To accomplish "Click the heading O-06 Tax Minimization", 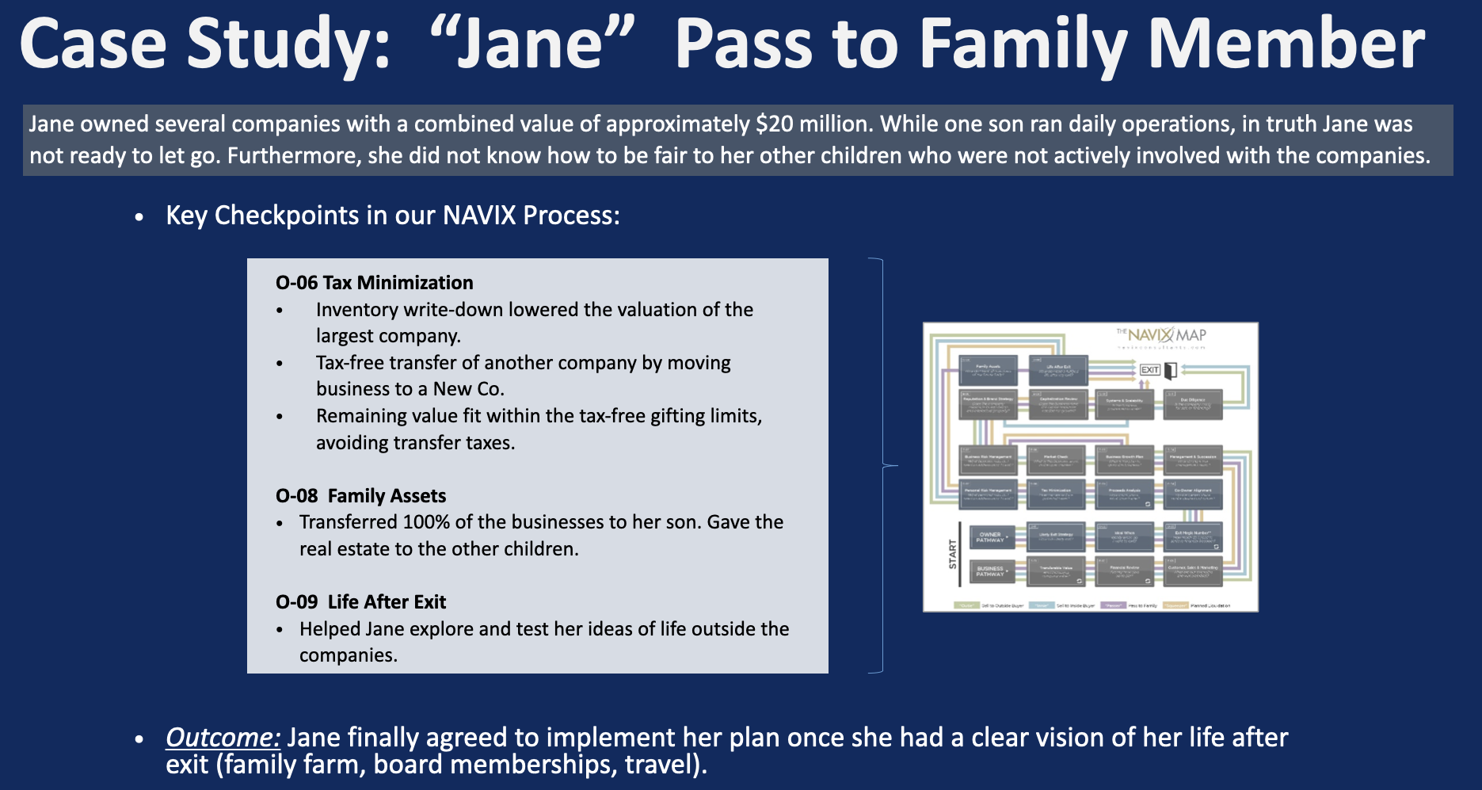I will pos(374,283).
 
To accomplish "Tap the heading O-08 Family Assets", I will pos(360,496).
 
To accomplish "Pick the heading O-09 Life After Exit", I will pos(360,602).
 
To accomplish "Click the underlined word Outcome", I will pos(223,738).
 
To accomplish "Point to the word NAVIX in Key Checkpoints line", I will pos(479,216).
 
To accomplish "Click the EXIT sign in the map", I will pos(1149,370).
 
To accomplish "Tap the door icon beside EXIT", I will pos(1170,370).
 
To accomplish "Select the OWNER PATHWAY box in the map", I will pos(989,536).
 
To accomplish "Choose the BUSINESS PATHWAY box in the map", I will pos(989,571).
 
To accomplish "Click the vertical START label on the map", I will pos(953,554).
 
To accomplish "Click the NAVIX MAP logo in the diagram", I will pos(1163,335).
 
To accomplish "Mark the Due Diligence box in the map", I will pos(1193,403).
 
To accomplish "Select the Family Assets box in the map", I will pos(988,370).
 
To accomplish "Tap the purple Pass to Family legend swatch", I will pos(1112,605).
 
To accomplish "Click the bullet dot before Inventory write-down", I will pos(280,311).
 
